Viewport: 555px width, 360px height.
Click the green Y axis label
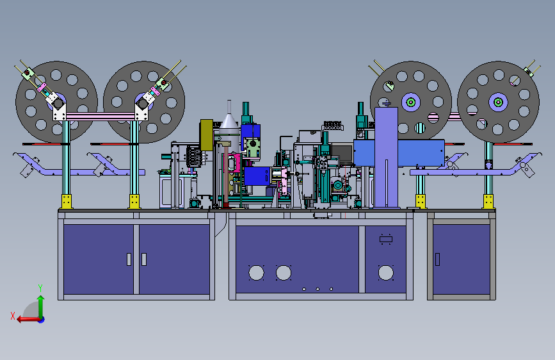tap(40, 288)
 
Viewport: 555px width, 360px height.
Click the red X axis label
tap(13, 316)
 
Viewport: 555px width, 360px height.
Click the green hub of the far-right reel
tap(498, 102)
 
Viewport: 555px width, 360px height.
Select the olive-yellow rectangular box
tap(206, 135)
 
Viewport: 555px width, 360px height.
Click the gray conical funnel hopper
tap(229, 120)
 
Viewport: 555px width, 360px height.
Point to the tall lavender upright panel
tap(386, 158)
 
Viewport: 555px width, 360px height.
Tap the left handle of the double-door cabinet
tap(129, 259)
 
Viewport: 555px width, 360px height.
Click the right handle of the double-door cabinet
tap(143, 259)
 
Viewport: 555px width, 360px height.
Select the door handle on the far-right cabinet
tap(437, 259)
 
